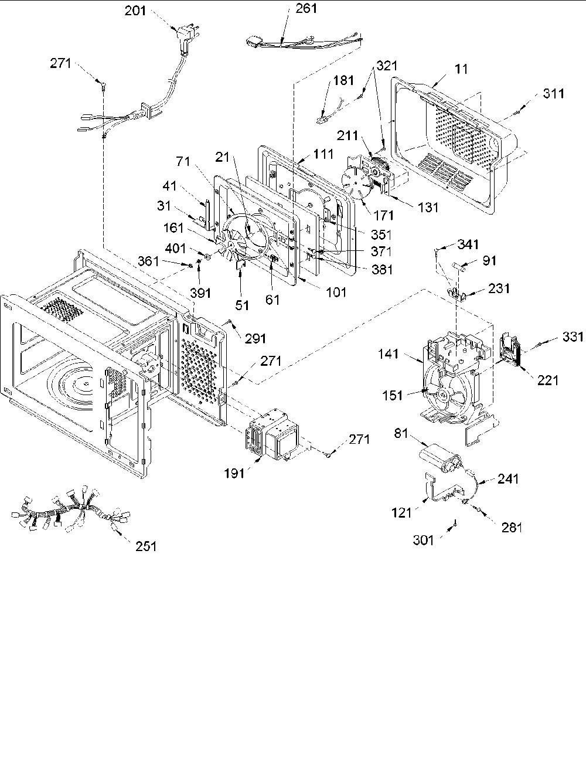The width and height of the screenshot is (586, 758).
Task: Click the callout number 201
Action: (135, 11)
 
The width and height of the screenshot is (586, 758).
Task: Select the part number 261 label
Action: (306, 8)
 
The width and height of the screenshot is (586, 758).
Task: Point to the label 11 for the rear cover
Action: (462, 69)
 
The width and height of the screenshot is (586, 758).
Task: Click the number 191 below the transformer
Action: (234, 473)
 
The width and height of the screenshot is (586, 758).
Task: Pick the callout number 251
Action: (146, 546)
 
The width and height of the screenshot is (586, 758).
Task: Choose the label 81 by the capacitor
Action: (401, 433)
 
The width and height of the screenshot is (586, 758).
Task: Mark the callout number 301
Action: (423, 541)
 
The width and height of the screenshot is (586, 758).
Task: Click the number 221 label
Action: (548, 380)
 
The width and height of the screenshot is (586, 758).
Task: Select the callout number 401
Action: (175, 249)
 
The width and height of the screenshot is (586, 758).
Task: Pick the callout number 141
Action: (389, 354)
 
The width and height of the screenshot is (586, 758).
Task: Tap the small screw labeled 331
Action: (539, 344)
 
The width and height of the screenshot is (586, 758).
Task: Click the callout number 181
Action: (344, 80)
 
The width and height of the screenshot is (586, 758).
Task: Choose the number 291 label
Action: (255, 339)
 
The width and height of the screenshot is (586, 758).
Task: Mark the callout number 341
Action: (468, 244)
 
